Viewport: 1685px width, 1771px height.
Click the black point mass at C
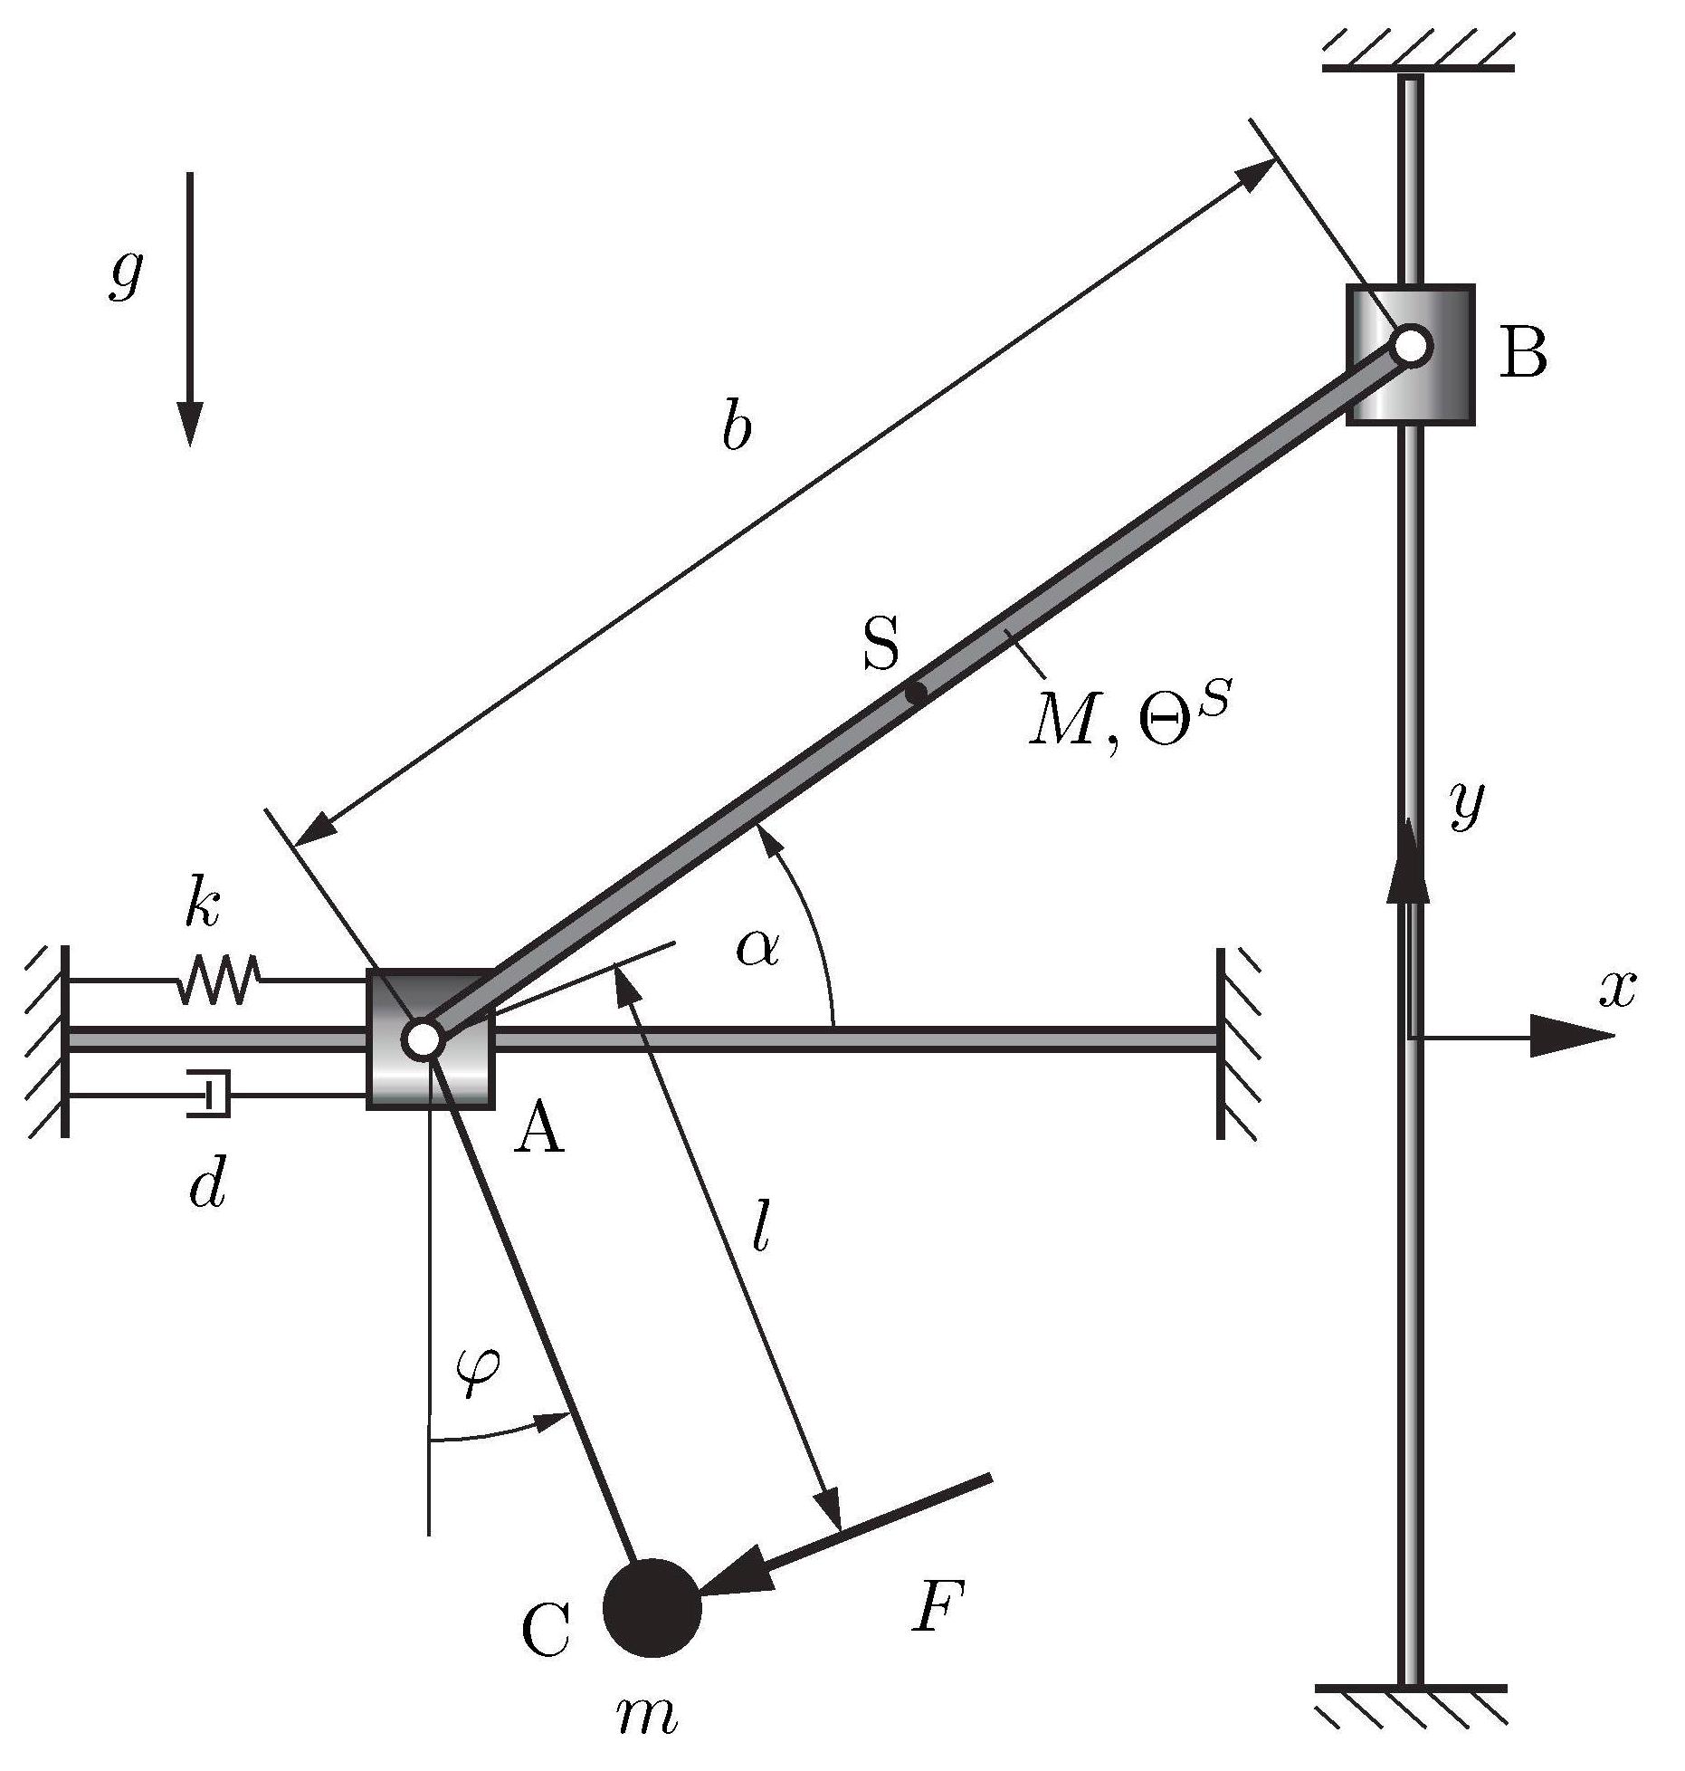click(x=652, y=1607)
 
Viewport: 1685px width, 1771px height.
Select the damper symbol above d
click(x=209, y=1095)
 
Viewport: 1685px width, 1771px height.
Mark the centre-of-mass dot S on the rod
click(x=917, y=694)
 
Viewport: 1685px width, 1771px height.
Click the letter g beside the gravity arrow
click(x=125, y=273)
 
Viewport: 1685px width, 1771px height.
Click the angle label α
click(x=758, y=947)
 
